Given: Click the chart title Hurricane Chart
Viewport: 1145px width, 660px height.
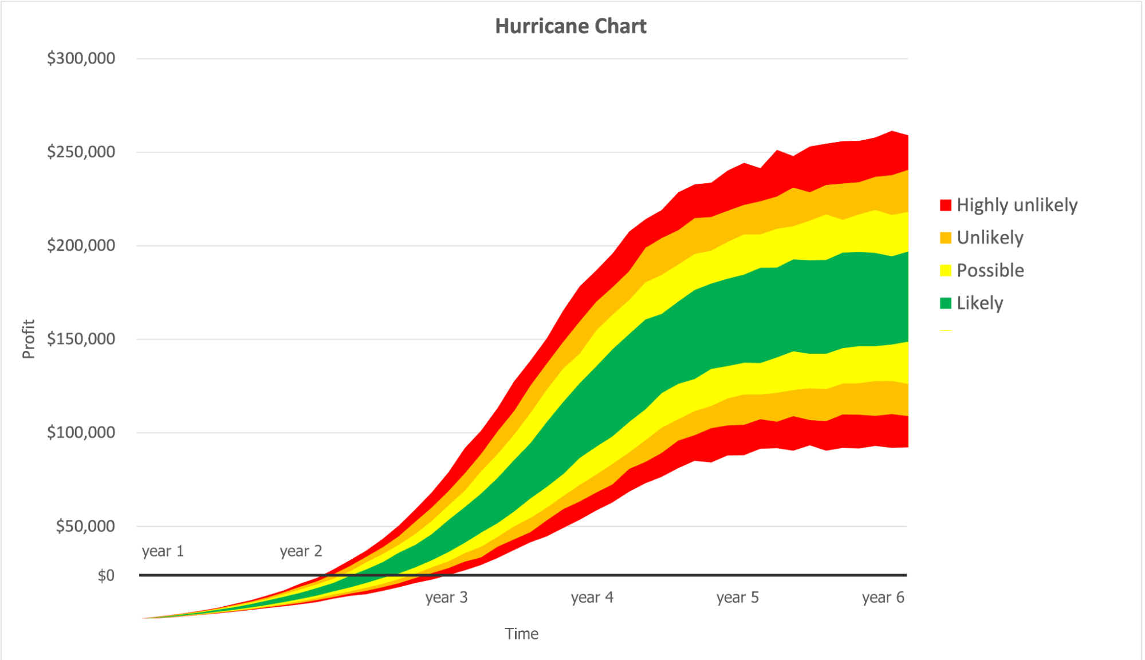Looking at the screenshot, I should pyautogui.click(x=570, y=26).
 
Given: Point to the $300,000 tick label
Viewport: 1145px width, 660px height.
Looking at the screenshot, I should pyautogui.click(x=81, y=58).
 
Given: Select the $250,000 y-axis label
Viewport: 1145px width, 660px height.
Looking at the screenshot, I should pyautogui.click(x=81, y=152).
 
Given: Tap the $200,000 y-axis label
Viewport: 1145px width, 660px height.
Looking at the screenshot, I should pyautogui.click(x=81, y=246).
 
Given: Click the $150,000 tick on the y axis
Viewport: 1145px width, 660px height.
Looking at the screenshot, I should pyautogui.click(x=81, y=339).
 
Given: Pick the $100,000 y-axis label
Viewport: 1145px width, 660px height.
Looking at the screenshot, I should pyautogui.click(x=81, y=432).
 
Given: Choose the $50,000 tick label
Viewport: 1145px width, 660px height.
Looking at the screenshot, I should pyautogui.click(x=85, y=526).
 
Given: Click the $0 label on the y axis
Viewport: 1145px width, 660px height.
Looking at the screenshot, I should pyautogui.click(x=106, y=575).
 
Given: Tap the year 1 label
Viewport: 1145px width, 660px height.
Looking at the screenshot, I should pyautogui.click(x=163, y=551).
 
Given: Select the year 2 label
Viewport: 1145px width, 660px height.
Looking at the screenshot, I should pyautogui.click(x=301, y=551).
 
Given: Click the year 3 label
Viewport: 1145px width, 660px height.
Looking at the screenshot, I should pyautogui.click(x=446, y=598).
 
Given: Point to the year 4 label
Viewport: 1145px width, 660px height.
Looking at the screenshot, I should pyautogui.click(x=592, y=598).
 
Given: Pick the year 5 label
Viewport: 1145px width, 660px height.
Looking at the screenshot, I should pyautogui.click(x=737, y=598).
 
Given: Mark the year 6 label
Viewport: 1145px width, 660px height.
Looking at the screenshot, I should pyautogui.click(x=883, y=598).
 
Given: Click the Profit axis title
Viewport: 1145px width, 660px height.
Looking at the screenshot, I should pyautogui.click(x=29, y=339).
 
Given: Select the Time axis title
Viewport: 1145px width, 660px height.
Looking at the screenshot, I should pyautogui.click(x=521, y=634).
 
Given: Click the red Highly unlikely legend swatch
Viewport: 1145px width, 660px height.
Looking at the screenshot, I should pyautogui.click(x=946, y=205).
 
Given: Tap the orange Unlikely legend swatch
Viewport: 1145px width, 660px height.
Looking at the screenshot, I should pyautogui.click(x=946, y=238).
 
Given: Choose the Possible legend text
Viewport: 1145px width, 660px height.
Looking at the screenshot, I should pyautogui.click(x=990, y=270).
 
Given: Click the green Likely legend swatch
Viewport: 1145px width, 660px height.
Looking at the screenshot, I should pyautogui.click(x=946, y=303).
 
